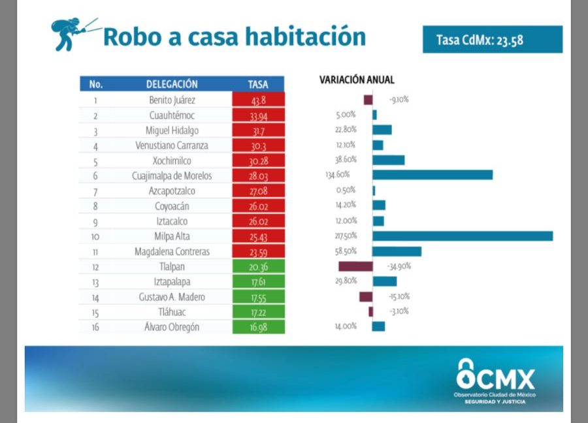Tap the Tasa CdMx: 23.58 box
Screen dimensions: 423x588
492,40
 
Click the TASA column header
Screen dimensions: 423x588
258,84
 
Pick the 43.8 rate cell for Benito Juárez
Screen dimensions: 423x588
258,100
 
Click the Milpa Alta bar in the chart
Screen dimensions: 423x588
463,236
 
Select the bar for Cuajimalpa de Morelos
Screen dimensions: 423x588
433,175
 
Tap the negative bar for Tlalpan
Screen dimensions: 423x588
355,266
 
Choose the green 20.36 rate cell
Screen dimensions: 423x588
258,266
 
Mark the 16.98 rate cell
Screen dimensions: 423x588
258,327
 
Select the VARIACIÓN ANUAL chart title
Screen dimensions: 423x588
357,80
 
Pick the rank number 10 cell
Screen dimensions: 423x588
96,236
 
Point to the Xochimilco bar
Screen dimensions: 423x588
388,160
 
